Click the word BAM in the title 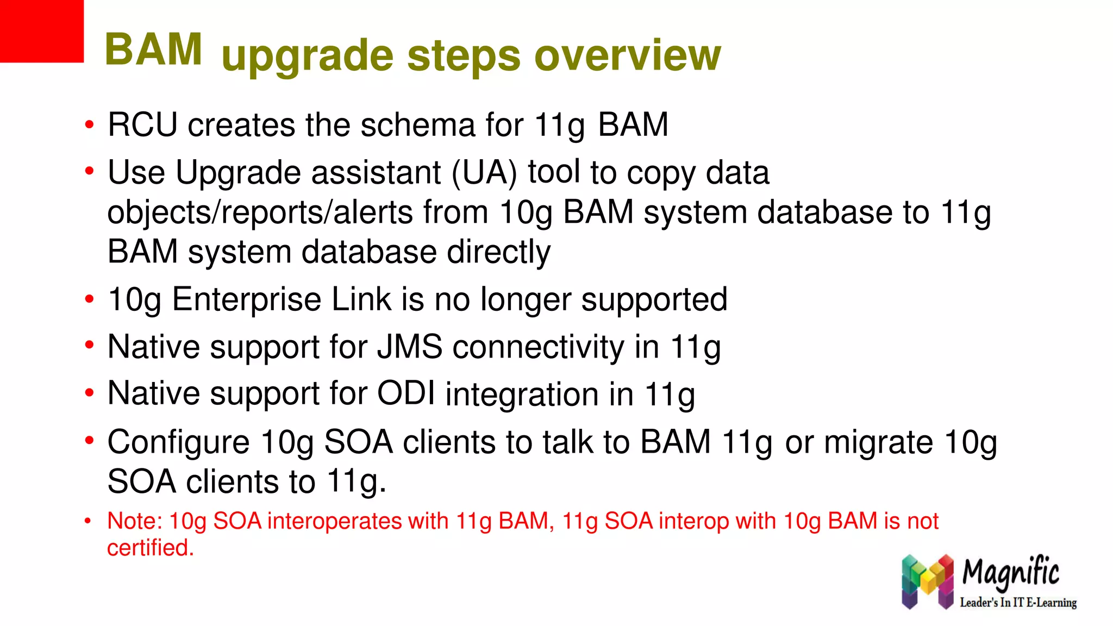tap(153, 50)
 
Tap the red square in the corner tap(41, 31)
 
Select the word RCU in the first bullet tap(142, 125)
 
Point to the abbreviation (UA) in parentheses tap(484, 173)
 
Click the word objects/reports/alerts tap(260, 212)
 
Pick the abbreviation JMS tap(410, 347)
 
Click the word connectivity tap(539, 347)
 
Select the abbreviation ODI tap(407, 393)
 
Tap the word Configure tap(178, 442)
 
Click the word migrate tap(879, 442)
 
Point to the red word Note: tap(135, 521)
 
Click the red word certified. tap(150, 548)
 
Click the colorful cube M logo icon tap(927, 581)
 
